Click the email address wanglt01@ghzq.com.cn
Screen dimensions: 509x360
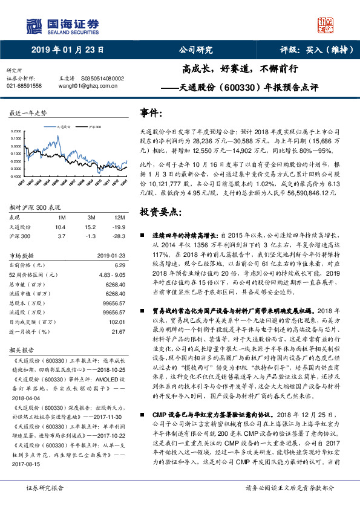[87, 86]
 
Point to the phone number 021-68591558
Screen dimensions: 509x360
[24, 86]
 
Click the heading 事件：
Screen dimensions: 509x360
[151, 114]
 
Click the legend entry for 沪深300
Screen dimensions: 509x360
[94, 128]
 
